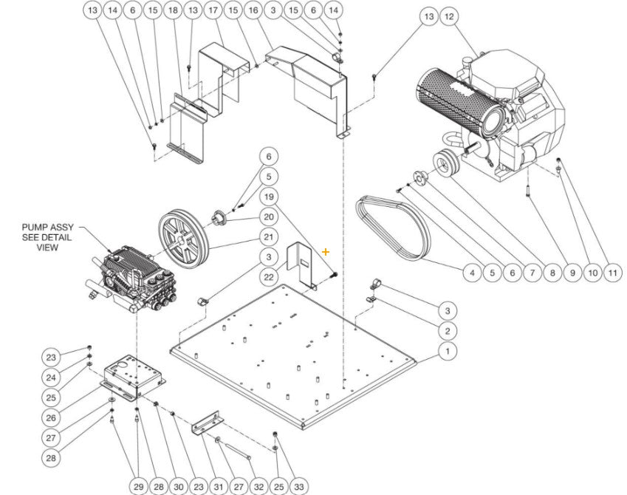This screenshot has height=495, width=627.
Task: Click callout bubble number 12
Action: [448, 16]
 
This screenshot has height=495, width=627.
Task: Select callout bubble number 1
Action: [447, 351]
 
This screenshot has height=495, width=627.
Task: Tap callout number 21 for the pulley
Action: [269, 237]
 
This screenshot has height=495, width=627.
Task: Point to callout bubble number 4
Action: [471, 273]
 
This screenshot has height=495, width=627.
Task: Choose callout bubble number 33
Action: [278, 487]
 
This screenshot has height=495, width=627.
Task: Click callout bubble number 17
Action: [213, 10]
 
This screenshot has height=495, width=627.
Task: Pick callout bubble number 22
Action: [269, 277]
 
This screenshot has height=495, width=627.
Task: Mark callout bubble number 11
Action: [612, 273]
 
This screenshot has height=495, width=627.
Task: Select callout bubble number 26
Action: [51, 417]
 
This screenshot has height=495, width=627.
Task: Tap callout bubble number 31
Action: [219, 487]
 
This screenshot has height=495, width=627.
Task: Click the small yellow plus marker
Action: [326, 252]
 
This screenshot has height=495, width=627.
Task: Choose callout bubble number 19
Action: [269, 197]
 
